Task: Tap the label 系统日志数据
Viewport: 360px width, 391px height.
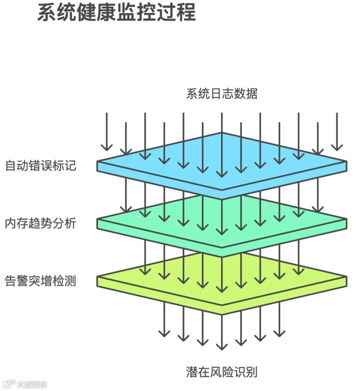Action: pyautogui.click(x=222, y=94)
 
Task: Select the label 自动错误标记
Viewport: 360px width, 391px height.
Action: pyautogui.click(x=41, y=165)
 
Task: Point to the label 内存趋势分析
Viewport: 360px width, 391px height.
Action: pyautogui.click(x=41, y=223)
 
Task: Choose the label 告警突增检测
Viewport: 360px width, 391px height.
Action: pyautogui.click(x=41, y=281)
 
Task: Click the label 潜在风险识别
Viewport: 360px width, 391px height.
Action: pyautogui.click(x=222, y=372)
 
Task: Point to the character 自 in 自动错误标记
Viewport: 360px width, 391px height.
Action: pyautogui.click(x=11, y=165)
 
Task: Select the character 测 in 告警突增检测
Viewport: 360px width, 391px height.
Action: pyautogui.click(x=70, y=281)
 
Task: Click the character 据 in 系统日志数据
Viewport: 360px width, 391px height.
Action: pyautogui.click(x=251, y=94)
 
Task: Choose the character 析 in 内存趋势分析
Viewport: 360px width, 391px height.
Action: pyautogui.click(x=70, y=223)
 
